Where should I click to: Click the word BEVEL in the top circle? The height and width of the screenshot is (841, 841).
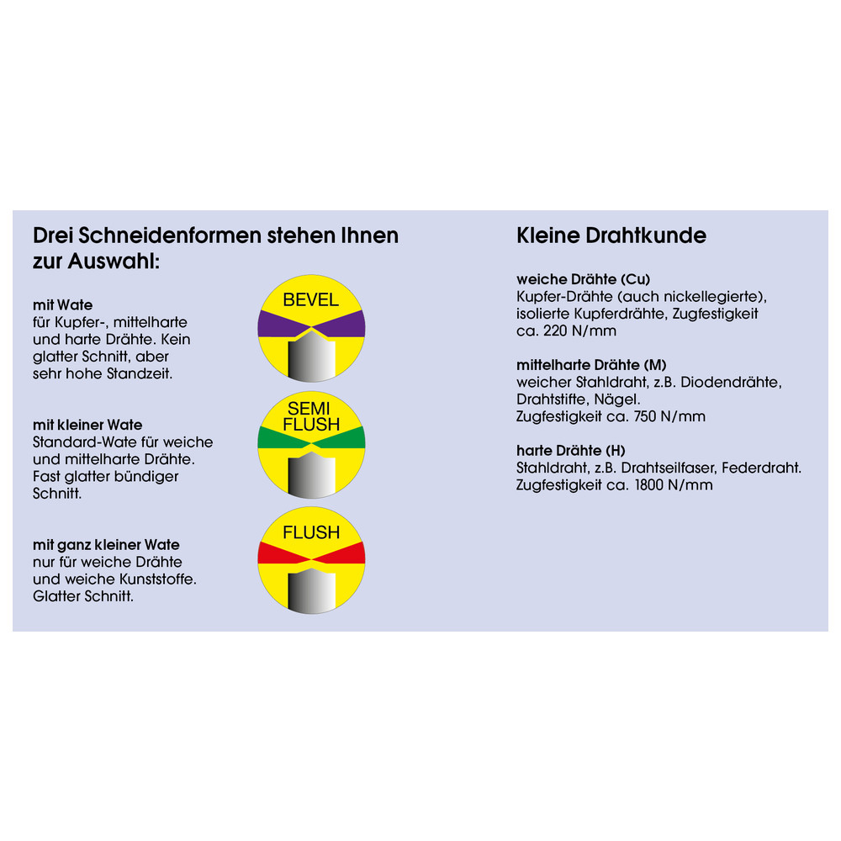310,300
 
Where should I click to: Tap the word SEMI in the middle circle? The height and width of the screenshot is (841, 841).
309,409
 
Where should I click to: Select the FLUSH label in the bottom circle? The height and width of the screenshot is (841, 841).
311,532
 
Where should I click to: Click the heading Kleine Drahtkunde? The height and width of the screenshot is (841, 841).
611,235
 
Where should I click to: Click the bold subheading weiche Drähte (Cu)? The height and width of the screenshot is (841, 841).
583,279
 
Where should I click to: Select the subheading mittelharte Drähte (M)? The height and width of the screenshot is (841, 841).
591,365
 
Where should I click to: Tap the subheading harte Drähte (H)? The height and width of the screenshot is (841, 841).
571,451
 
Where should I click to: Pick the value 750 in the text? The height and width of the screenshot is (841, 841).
645,417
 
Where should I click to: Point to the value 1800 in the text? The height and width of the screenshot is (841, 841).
649,485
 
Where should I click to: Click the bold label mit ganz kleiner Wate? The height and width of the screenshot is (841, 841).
106,545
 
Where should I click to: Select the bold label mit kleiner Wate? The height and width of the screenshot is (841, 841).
87,425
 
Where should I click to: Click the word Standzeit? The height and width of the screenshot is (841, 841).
140,374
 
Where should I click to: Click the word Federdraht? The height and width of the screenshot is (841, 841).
761,468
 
